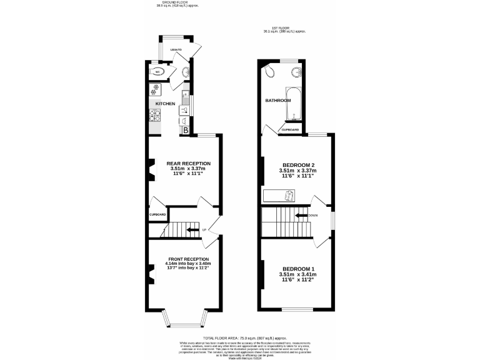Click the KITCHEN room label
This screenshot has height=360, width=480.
165,103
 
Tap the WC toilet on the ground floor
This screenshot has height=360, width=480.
157,72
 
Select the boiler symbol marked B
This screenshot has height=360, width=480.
186,130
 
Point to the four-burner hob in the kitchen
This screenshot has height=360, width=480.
155,116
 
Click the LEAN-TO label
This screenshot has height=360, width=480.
176,49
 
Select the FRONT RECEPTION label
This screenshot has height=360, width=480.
188,259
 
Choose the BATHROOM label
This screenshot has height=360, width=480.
277,101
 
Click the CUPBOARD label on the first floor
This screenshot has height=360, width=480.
290,129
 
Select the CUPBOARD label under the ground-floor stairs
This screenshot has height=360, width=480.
157,214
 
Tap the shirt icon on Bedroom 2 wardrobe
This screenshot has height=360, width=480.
288,196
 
